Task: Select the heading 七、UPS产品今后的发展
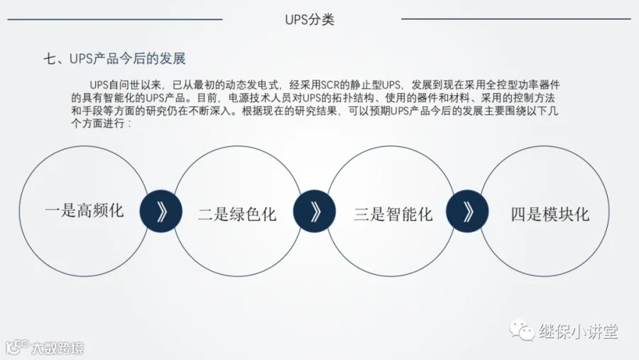(115, 58)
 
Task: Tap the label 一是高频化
(84, 211)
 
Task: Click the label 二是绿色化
(237, 214)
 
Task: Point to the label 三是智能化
(393, 214)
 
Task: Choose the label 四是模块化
(550, 214)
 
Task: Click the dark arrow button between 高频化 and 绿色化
(161, 212)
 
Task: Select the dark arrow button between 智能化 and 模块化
(468, 212)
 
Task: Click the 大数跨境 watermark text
(57, 348)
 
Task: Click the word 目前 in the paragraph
(206, 97)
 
